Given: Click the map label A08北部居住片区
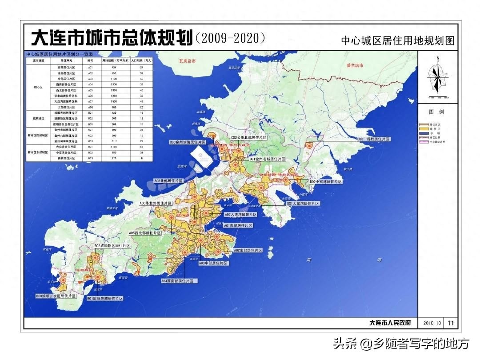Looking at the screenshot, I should [169, 181].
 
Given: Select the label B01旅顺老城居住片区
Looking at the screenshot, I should [105, 298].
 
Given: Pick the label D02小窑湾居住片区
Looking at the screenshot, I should [326, 182].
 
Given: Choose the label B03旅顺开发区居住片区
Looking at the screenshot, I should [56, 296].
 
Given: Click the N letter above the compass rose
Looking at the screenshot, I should [438, 58].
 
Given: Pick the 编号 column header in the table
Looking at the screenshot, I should [90, 59].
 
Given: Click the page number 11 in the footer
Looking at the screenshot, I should [451, 323].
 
